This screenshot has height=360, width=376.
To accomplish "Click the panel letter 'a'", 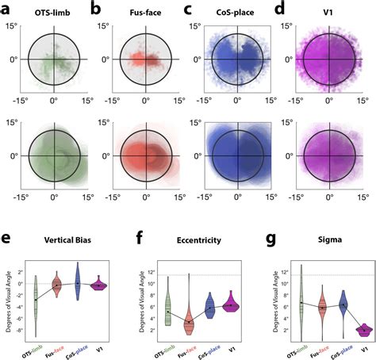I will pos(6,8).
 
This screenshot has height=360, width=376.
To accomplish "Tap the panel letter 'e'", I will pos(6,237).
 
